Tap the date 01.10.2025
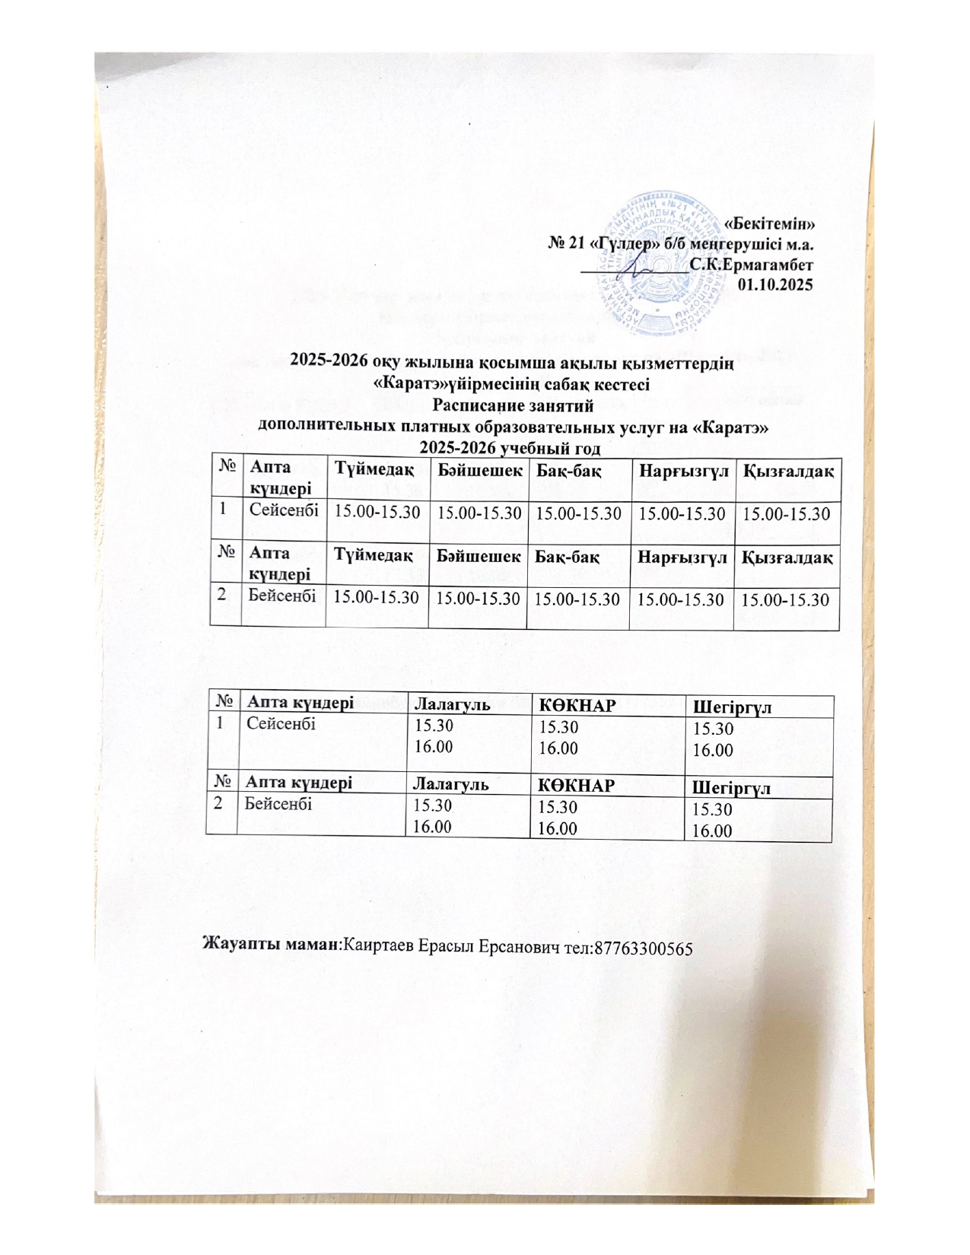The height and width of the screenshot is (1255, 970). [x=775, y=285]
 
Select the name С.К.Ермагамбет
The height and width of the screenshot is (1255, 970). [x=752, y=265]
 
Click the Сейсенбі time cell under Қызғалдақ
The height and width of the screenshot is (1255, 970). [x=785, y=513]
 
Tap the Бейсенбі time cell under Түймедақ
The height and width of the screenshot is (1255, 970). [x=377, y=598]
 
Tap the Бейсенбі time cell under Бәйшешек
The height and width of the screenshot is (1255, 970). [x=477, y=599]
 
